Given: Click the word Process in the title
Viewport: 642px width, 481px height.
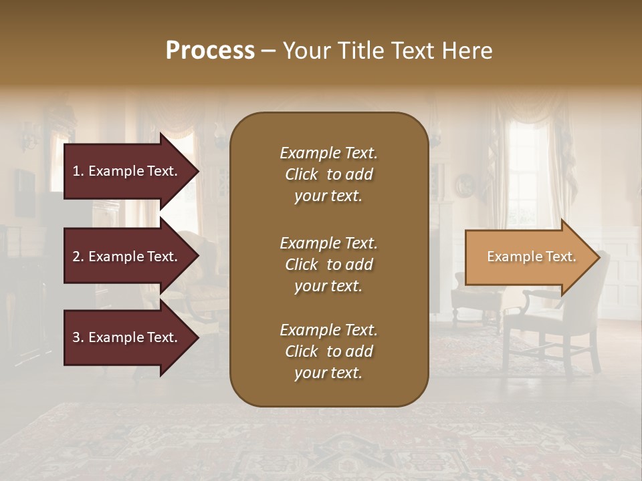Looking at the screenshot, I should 210,51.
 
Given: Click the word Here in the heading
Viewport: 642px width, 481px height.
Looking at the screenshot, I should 468,51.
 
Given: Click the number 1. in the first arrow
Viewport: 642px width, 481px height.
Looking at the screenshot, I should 78,171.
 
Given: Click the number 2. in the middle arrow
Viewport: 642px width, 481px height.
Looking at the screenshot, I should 78,257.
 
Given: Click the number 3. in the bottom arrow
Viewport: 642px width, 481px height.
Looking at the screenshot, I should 78,337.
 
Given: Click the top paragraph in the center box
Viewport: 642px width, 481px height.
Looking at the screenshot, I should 328,174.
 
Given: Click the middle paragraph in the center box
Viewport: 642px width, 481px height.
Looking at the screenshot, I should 328,265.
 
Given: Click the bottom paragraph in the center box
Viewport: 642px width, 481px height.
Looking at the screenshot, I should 328,351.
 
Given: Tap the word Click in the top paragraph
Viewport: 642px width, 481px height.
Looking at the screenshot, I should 301,174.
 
